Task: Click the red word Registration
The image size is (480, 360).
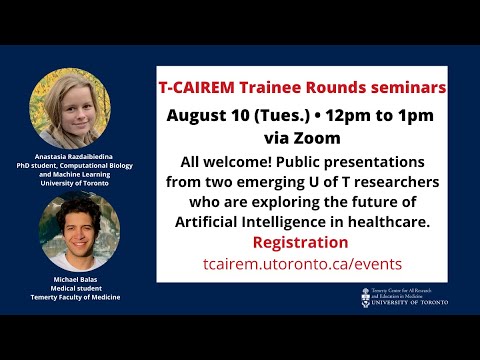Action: click(x=301, y=242)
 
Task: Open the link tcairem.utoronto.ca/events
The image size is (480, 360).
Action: click(x=301, y=264)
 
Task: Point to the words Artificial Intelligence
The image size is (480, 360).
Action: click(x=262, y=220)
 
